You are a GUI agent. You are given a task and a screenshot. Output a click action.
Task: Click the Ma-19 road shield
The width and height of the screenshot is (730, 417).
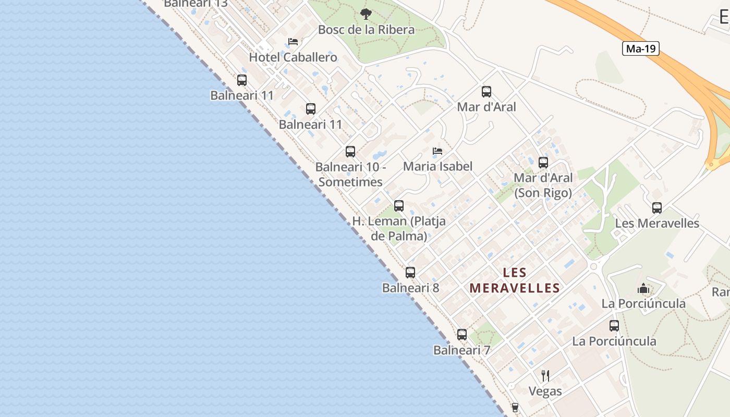pyautogui.click(x=640, y=49)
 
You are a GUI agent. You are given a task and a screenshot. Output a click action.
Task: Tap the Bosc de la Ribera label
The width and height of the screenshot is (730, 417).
pyautogui.click(x=366, y=30)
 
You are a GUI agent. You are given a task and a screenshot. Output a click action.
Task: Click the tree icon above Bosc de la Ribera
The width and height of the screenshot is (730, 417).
pyautogui.click(x=366, y=14)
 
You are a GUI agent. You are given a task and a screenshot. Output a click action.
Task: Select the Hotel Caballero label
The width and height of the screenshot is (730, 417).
pyautogui.click(x=293, y=57)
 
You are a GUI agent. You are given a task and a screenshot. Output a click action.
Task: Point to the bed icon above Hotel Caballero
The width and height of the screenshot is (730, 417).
pyautogui.click(x=293, y=42)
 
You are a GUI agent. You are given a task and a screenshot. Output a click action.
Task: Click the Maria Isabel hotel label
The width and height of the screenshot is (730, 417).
pyautogui.click(x=437, y=166)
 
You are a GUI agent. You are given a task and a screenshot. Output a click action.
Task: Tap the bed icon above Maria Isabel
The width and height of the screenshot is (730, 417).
pyautogui.click(x=437, y=151)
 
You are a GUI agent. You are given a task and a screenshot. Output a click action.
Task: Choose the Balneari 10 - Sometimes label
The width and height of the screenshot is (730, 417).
pyautogui.click(x=350, y=175)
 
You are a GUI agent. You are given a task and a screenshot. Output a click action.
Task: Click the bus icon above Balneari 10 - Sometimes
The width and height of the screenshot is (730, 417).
pyautogui.click(x=350, y=152)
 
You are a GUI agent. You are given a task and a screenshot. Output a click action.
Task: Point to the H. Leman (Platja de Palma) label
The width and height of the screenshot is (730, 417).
pyautogui.click(x=399, y=228)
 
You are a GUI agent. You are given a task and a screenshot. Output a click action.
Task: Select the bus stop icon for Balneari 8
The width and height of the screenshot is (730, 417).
pyautogui.click(x=410, y=273)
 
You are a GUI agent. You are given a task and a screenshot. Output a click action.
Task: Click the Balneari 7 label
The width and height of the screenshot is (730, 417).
pyautogui.click(x=461, y=350)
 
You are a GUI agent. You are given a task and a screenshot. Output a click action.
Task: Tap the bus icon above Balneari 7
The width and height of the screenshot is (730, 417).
pyautogui.click(x=462, y=335)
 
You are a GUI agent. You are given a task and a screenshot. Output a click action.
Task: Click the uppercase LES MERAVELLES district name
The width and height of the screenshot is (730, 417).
pyautogui.click(x=515, y=280)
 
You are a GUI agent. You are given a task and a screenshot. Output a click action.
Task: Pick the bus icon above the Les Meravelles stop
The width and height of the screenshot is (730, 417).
pyautogui.click(x=657, y=208)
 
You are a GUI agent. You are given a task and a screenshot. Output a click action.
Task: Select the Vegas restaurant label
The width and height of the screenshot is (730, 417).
pyautogui.click(x=545, y=391)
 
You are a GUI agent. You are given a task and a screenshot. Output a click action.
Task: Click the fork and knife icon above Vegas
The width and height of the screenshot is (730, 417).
pyautogui.click(x=545, y=375)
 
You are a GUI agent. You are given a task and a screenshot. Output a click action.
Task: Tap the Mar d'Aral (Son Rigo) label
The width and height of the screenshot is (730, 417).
pyautogui.click(x=543, y=185)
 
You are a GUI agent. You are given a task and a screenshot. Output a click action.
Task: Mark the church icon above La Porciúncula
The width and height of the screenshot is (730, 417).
pyautogui.click(x=643, y=288)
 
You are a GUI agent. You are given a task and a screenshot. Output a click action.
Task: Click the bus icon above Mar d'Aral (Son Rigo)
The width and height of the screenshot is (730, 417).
pyautogui.click(x=543, y=163)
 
